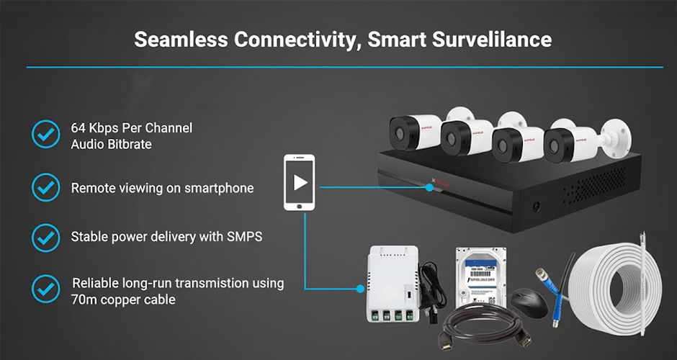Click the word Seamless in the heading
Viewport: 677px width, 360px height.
coord(181,40)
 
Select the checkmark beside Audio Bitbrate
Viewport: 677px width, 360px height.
coord(46,134)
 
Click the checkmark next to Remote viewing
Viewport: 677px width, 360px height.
coord(46,187)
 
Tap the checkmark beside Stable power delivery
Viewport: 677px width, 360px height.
coord(46,238)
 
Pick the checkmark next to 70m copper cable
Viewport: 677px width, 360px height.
coord(46,289)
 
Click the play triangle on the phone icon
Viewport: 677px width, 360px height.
coord(300,183)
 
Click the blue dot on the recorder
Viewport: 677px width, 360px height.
coord(429,187)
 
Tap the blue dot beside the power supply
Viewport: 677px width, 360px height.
coord(361,289)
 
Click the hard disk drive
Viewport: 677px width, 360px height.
coord(481,276)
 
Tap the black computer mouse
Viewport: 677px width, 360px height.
coord(529,303)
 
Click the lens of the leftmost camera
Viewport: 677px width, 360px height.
coord(400,134)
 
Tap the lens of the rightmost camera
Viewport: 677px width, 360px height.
coord(554,146)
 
